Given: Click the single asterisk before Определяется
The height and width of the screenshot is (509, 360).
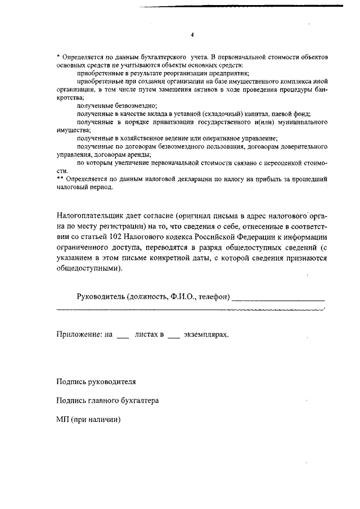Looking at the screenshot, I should click(x=58, y=57).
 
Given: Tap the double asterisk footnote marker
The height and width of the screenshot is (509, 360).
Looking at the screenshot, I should click(x=60, y=178).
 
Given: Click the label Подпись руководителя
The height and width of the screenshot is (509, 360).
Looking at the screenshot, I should click(x=96, y=381).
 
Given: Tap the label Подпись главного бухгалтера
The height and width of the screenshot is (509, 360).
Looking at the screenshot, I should click(x=107, y=400).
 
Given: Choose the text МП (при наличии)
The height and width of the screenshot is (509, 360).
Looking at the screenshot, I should click(x=89, y=419).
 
